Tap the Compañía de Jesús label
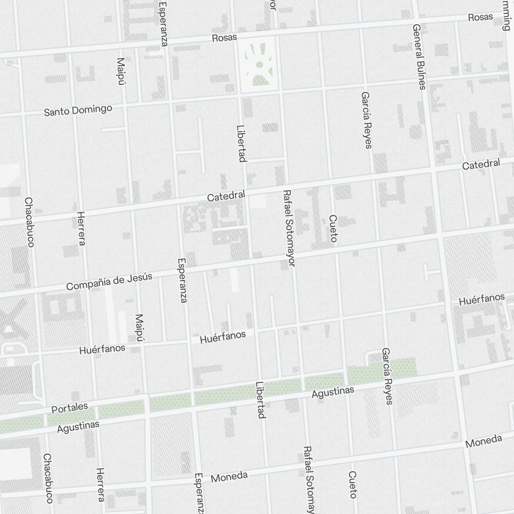click(109, 282)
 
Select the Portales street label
click(70, 408)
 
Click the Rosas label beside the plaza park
click(225, 38)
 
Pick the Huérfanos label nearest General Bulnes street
click(482, 299)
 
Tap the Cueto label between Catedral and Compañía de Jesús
click(333, 229)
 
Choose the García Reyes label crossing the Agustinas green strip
click(387, 376)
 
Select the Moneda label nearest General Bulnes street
click(484, 441)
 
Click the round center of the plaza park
click(260, 64)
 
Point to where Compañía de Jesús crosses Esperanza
click(183, 272)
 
